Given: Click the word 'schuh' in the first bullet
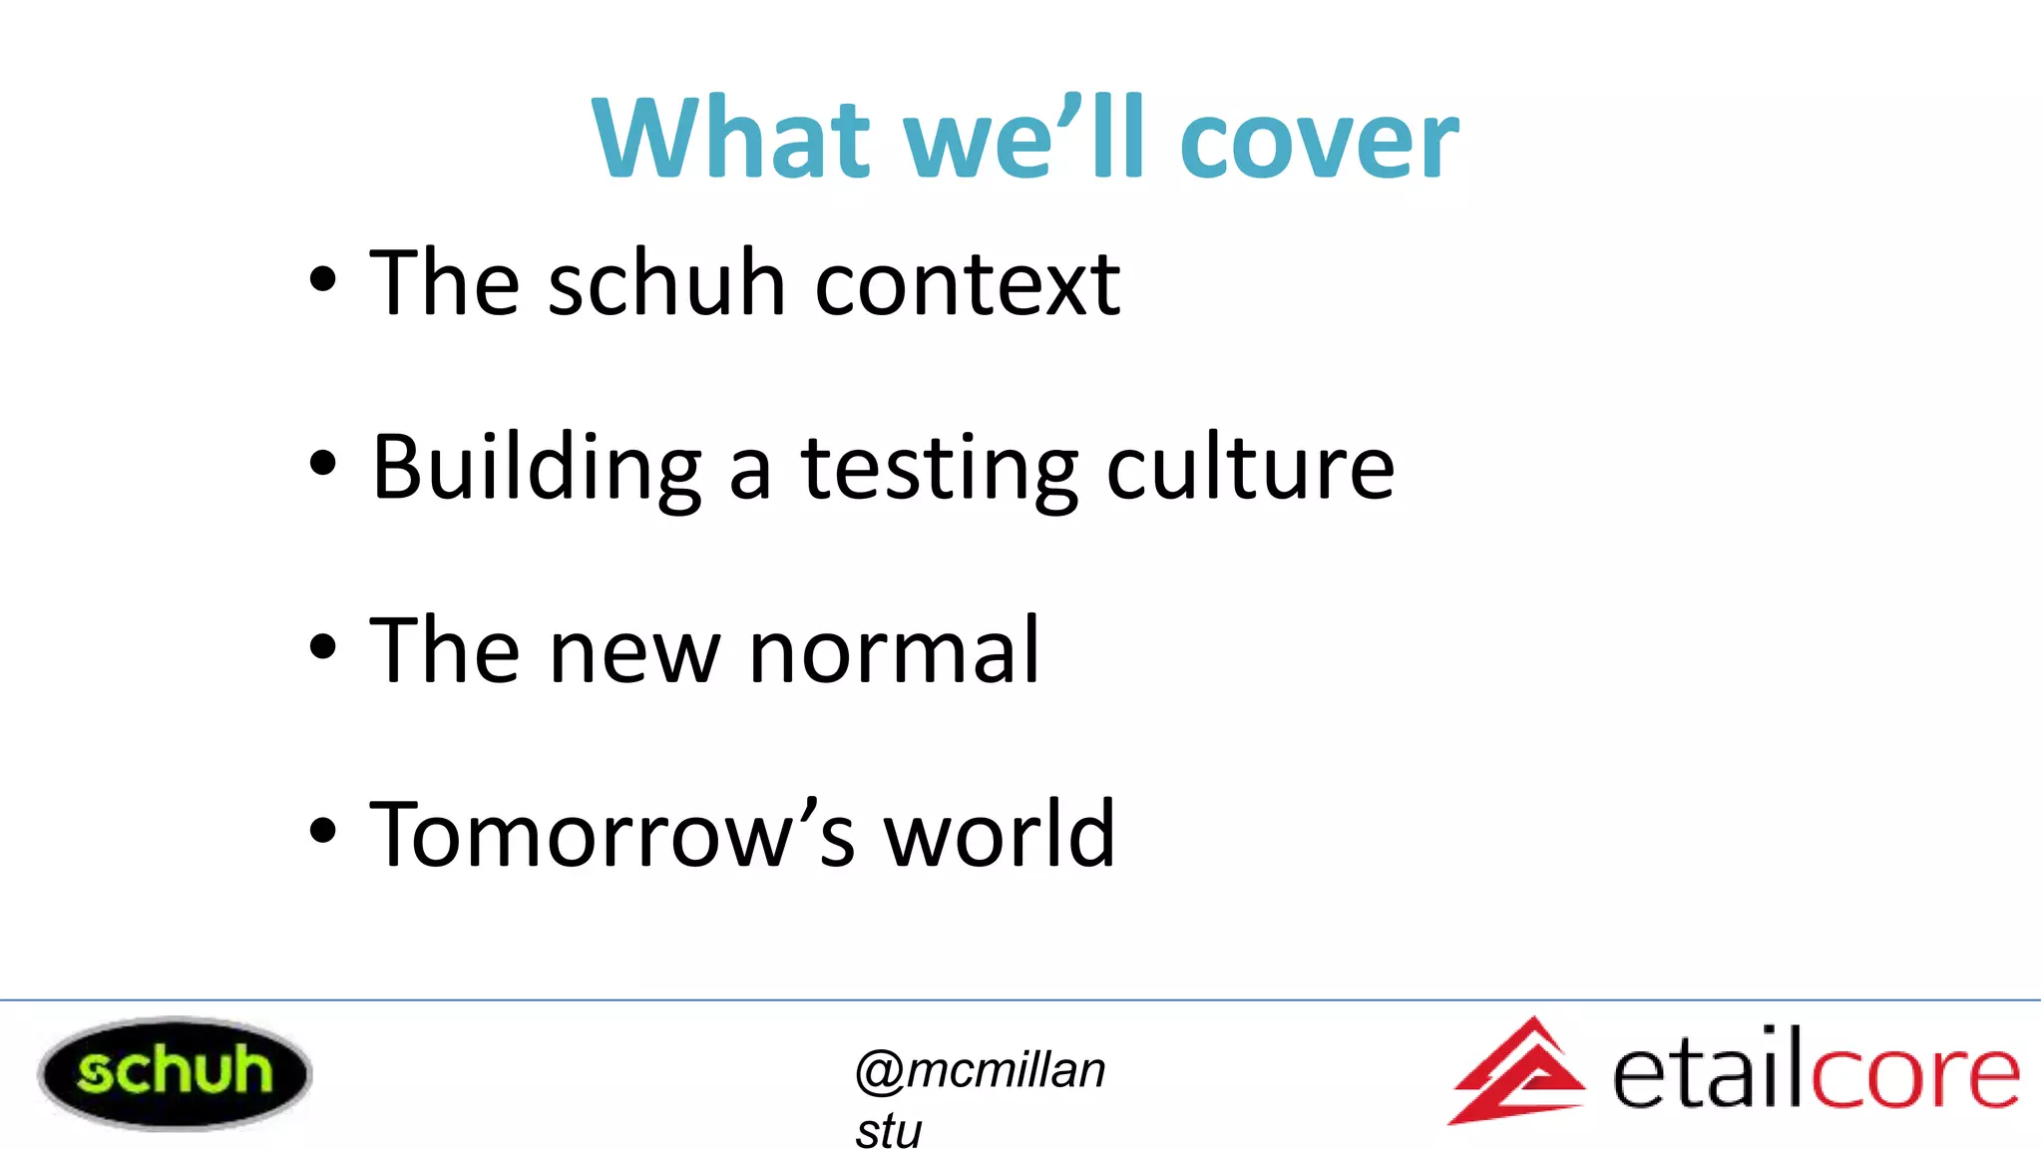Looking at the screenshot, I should pos(666,283).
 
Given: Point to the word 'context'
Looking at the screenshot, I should pos(968,285).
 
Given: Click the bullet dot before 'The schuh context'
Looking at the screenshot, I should pos(322,280).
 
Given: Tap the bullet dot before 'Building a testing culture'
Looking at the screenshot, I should pos(322,463).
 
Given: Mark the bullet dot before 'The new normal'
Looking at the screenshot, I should pos(322,646).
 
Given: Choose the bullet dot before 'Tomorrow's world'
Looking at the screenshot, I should pos(322,830).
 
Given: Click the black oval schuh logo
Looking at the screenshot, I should pos(175,1073).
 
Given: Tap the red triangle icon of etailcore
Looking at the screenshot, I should pos(1517,1072).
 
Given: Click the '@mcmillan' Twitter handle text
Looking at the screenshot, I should pos(980,1071).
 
